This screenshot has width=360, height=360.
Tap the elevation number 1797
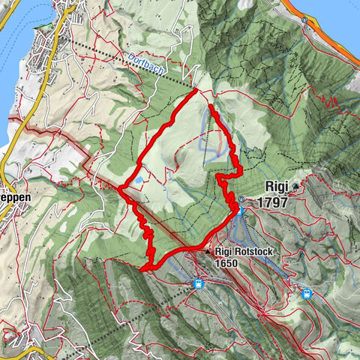point(272,202)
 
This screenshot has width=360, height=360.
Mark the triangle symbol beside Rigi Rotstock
point(209,253)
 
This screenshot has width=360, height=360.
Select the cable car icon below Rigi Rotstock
point(198,284)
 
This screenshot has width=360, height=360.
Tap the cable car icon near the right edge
point(306,294)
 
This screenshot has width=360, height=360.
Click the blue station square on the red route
point(240,212)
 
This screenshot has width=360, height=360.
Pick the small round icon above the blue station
point(241,199)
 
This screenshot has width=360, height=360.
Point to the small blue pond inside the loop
point(139,180)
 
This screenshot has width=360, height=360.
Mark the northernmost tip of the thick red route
point(196,89)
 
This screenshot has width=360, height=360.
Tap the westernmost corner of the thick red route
point(119,187)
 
